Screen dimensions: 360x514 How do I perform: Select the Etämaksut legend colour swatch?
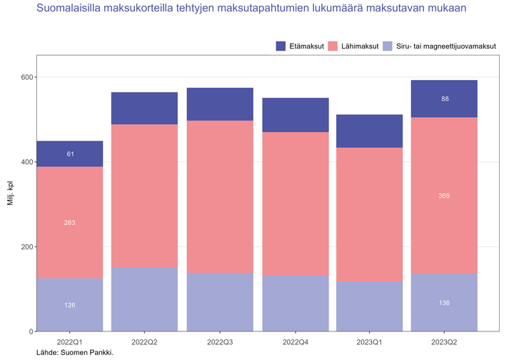tap(282, 46)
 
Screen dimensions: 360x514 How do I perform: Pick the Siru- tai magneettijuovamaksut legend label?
tap(445, 46)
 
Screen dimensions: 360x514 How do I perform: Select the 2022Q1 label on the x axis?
tap(69, 341)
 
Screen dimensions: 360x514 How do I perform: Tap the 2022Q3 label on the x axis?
tap(219, 341)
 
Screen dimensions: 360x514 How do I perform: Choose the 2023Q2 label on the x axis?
tap(444, 341)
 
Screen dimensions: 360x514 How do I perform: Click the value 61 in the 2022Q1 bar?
tap(69, 154)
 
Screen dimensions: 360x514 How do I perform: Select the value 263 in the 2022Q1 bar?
tap(69, 223)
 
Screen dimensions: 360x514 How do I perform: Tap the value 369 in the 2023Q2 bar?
tap(444, 196)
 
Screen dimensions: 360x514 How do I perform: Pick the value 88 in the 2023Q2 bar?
tap(444, 99)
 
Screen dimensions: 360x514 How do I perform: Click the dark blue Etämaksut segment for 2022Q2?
tap(144, 109)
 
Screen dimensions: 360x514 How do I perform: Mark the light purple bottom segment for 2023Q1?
tap(369, 306)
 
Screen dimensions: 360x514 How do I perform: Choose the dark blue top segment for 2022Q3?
tap(219, 104)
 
